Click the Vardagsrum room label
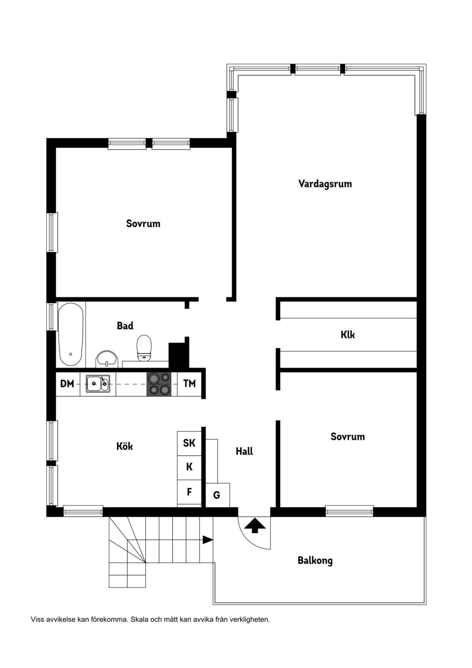pyautogui.click(x=325, y=184)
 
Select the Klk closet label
pyautogui.click(x=348, y=334)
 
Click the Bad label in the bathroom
pyautogui.click(x=125, y=326)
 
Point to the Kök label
pyautogui.click(x=125, y=446)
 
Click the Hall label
pyautogui.click(x=244, y=451)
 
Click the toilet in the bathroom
pyautogui.click(x=144, y=348)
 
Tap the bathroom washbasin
pyautogui.click(x=107, y=359)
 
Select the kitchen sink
pyautogui.click(x=98, y=383)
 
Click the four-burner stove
pyautogui.click(x=159, y=383)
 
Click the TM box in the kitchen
pyautogui.click(x=189, y=383)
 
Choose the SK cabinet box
pyautogui.click(x=189, y=443)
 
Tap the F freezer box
pyautogui.click(x=189, y=492)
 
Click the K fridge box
pyautogui.click(x=189, y=468)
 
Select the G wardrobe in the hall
pyautogui.click(x=217, y=495)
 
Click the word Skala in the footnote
pyautogui.click(x=139, y=619)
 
